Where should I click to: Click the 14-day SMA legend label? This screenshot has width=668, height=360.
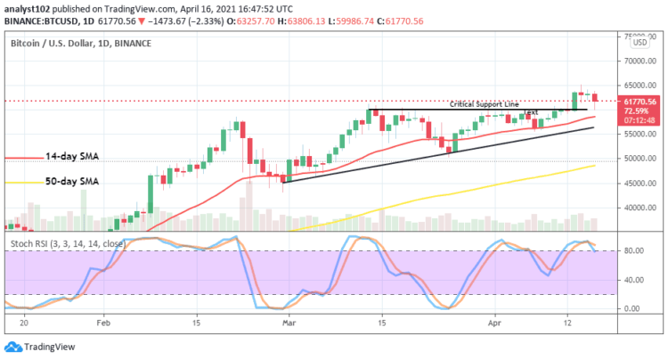73,157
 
